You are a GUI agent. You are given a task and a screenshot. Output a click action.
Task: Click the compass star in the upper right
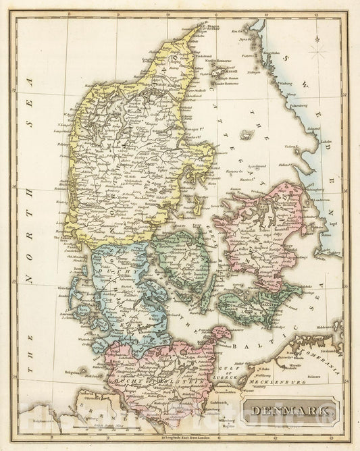tap(317, 51)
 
